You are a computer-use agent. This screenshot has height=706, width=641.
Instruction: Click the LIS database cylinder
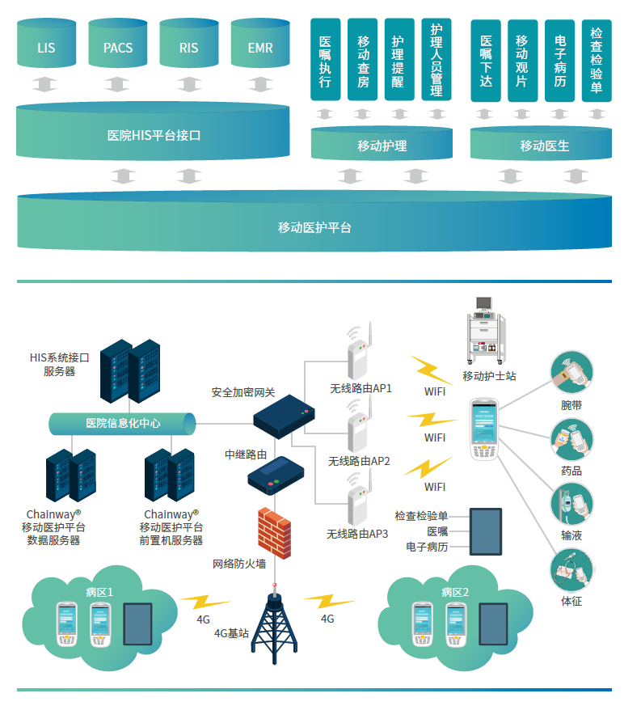(x=46, y=46)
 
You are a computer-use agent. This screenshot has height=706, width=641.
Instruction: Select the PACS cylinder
(x=117, y=46)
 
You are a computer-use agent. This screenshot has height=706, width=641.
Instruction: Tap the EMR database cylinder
(x=260, y=46)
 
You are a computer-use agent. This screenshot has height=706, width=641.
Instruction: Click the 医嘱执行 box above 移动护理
(x=325, y=61)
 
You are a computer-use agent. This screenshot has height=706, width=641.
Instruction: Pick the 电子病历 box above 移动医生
(x=560, y=61)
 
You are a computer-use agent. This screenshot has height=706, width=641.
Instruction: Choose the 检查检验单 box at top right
(x=597, y=61)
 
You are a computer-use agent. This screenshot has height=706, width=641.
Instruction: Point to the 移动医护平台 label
(x=314, y=227)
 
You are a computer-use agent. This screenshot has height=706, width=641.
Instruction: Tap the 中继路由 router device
(x=273, y=475)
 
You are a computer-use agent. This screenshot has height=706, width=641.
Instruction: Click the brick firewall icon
(x=273, y=531)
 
